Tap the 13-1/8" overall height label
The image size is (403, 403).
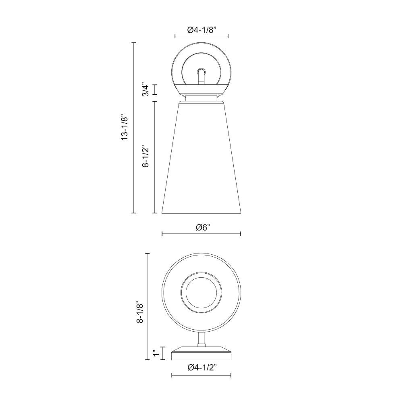click(x=125, y=127)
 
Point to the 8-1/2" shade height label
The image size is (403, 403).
click(x=145, y=157)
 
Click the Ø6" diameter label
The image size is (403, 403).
click(x=203, y=228)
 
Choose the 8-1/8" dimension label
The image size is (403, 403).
click(x=139, y=312)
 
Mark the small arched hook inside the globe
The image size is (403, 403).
click(x=201, y=76)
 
